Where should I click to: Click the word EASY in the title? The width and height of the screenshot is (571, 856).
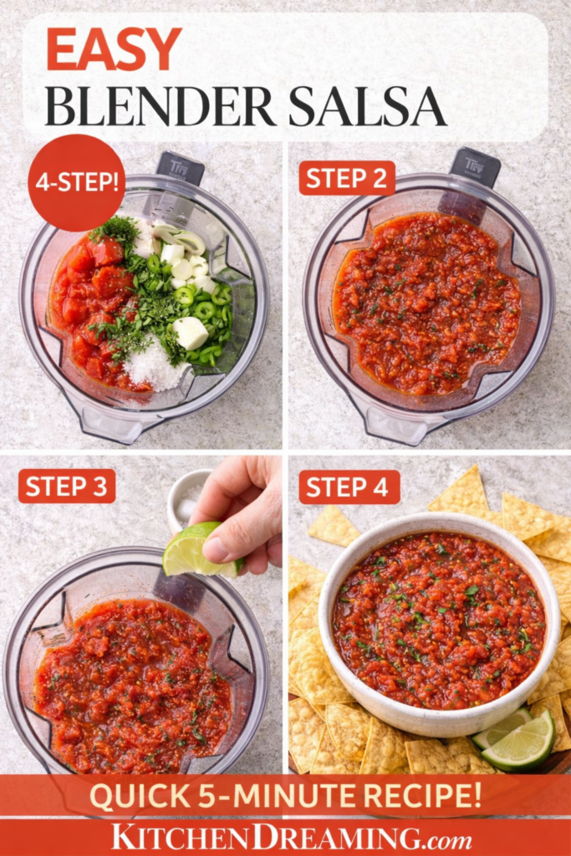(114, 49)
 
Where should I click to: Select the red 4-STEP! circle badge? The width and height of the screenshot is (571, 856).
(76, 182)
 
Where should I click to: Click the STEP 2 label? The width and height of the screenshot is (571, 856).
(347, 177)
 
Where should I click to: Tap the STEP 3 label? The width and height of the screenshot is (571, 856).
(67, 486)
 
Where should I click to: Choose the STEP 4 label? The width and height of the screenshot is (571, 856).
(347, 486)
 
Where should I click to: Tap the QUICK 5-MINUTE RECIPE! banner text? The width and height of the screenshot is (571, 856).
(285, 795)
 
